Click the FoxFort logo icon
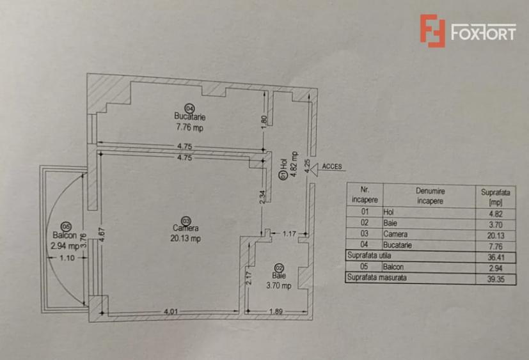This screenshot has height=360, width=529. click(432, 31)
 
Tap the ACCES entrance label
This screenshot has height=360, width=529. click(332, 166)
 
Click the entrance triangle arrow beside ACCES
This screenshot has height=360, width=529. click(314, 169)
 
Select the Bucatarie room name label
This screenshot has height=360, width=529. click(189, 116)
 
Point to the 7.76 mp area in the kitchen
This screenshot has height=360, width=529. click(189, 127)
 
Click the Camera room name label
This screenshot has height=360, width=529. click(186, 228)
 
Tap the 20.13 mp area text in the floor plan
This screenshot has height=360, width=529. click(186, 239)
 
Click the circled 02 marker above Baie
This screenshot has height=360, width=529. click(279, 267)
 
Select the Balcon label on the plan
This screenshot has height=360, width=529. click(65, 235)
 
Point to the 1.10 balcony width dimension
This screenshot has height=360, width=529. click(67, 258)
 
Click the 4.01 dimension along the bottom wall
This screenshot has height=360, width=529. click(171, 311)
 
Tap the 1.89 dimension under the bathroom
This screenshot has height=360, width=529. click(276, 311)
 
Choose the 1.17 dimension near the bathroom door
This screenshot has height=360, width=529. click(288, 233)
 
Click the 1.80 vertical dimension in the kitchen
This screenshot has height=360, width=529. click(264, 121)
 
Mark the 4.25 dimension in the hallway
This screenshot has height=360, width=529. click(307, 166)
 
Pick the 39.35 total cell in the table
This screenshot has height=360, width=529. click(496, 279)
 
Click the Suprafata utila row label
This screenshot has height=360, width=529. click(369, 255)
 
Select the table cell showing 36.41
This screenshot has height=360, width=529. click(496, 257)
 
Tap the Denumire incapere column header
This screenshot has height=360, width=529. click(430, 196)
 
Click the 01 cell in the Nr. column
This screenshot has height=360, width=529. click(365, 212)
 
